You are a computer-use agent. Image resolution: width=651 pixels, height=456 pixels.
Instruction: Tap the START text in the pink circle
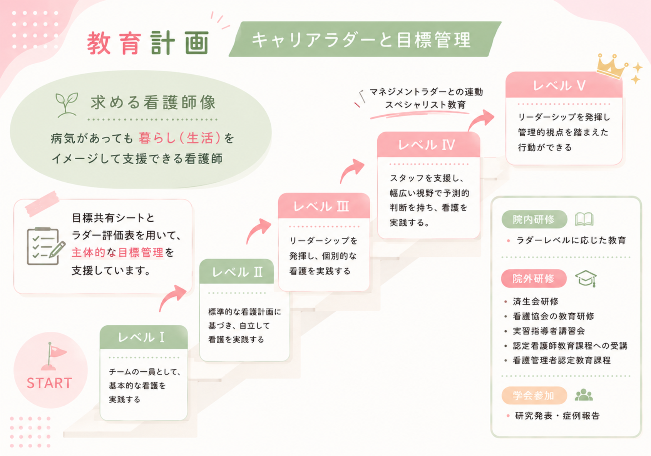[49, 383]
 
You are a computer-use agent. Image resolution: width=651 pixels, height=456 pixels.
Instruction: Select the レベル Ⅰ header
[144, 337]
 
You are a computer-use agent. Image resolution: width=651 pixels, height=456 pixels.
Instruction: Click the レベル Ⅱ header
[236, 272]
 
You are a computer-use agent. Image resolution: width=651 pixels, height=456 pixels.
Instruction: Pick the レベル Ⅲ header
[324, 206]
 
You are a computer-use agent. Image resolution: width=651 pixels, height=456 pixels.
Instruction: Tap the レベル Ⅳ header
[428, 145]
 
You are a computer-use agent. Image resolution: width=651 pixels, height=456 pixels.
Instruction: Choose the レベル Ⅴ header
[564, 85]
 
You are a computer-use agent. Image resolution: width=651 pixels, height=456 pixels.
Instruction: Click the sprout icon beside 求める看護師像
[67, 105]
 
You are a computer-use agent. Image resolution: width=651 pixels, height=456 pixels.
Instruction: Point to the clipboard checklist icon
[45, 246]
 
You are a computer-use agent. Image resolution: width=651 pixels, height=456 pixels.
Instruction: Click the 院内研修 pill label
[534, 219]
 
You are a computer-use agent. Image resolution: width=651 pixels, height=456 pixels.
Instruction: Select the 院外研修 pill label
[534, 279]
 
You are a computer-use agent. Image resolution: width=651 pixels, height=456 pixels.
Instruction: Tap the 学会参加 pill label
[534, 395]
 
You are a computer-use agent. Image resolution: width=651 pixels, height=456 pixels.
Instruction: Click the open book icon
[584, 219]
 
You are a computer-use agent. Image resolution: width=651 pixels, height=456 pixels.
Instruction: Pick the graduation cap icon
[586, 279]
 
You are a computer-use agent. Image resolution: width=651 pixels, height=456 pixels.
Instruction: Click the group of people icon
[584, 395]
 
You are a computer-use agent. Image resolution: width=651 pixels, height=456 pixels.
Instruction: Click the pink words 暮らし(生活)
[179, 138]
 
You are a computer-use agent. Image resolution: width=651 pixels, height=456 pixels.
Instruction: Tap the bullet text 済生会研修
[536, 301]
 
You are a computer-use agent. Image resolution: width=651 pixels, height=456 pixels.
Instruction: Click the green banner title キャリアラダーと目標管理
[361, 40]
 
